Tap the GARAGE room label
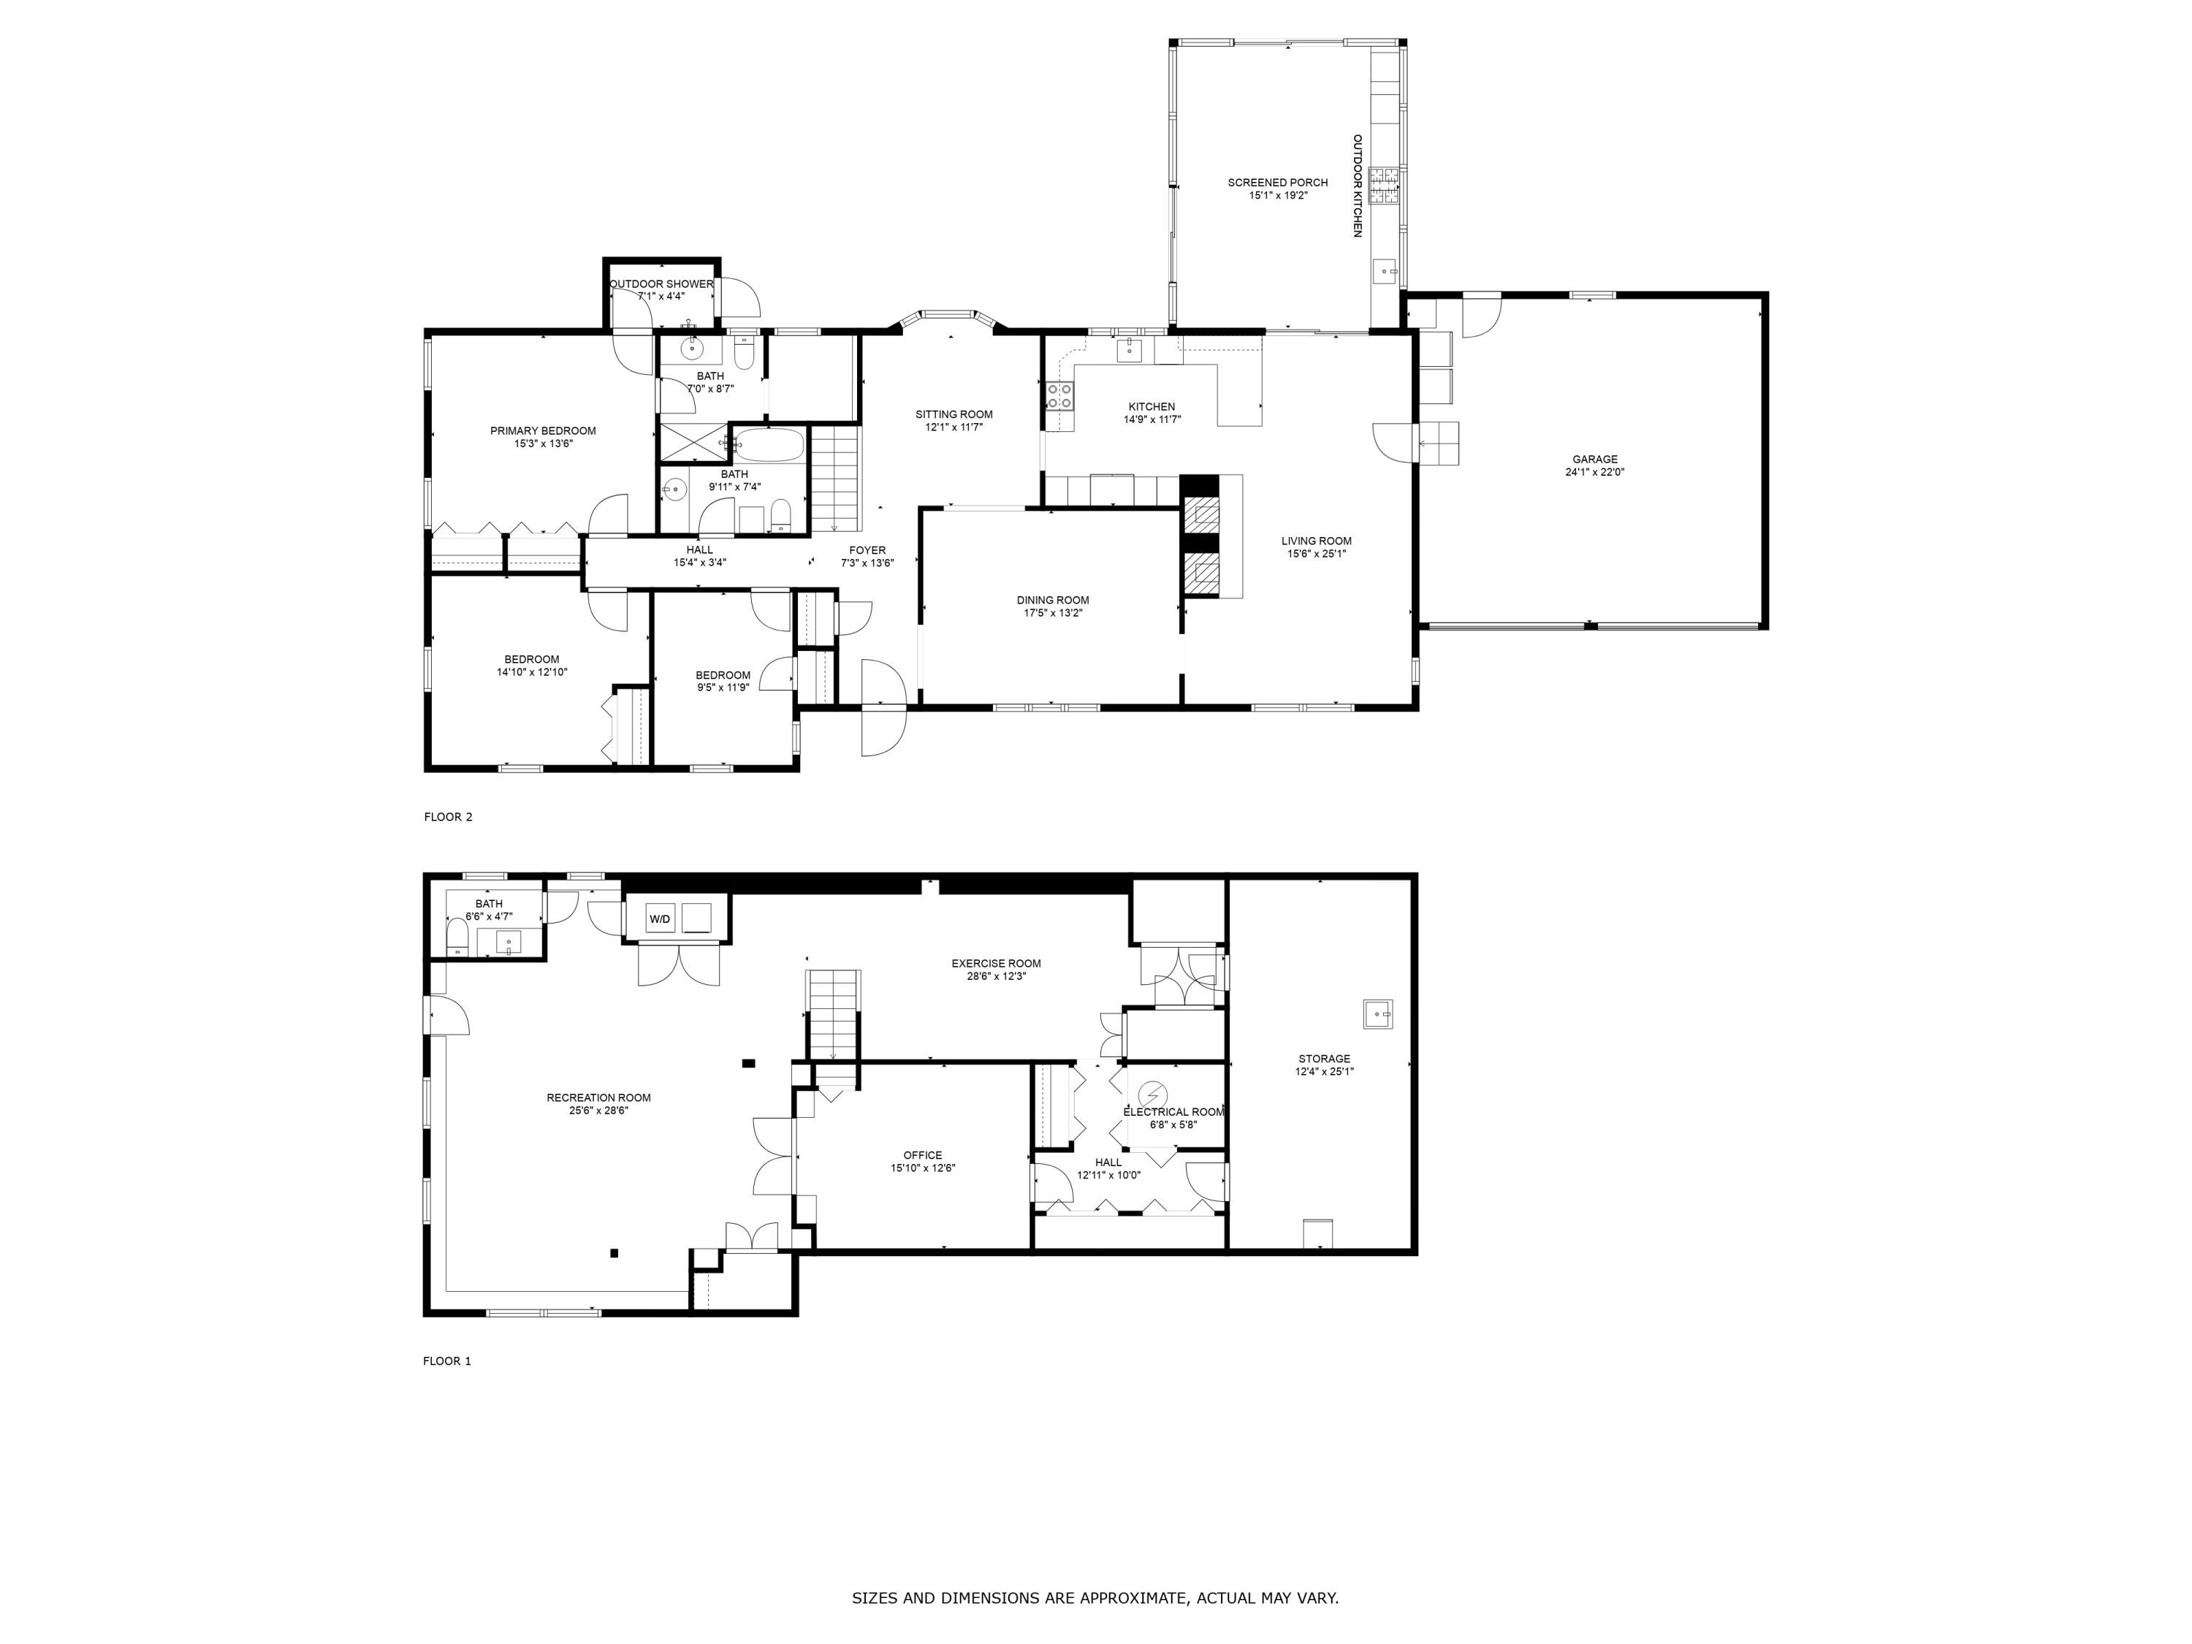point(1594,459)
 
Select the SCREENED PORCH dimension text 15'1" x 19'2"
point(1279,195)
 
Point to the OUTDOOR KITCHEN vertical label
point(1358,186)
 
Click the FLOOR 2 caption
point(448,817)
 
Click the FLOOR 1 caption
point(447,1361)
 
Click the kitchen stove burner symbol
point(1059,396)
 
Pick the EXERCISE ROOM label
point(996,963)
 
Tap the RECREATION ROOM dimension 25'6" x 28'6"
point(598,1111)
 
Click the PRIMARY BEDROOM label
point(543,431)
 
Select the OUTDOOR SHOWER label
point(662,284)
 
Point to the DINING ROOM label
point(1052,600)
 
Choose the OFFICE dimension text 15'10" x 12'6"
point(923,1168)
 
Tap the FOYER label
point(867,550)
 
